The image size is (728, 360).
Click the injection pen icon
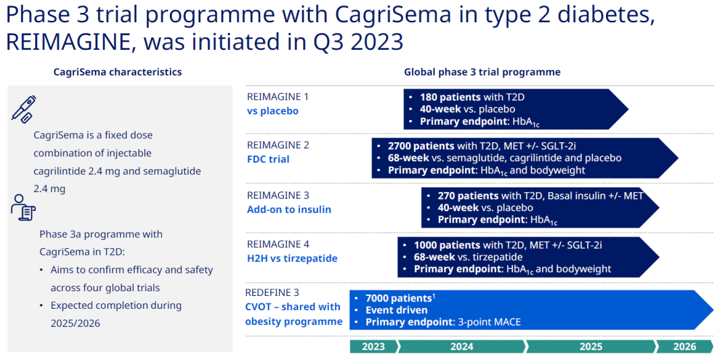coord(24,109)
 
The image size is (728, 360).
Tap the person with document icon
coord(23,207)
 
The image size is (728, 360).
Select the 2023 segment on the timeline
coord(373,347)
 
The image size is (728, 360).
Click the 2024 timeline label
coord(462,347)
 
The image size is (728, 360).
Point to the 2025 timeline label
coord(590,347)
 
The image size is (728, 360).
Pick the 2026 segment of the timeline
coord(684,347)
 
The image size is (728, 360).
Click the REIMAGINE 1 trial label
coord(278,97)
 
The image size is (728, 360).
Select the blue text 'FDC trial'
coord(268,159)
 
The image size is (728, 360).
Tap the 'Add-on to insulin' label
coord(289,210)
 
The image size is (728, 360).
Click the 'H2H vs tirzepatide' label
coord(292,258)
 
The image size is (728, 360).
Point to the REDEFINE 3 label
coord(273,293)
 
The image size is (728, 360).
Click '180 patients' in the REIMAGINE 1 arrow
coord(450,98)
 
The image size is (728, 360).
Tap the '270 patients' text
coord(468,196)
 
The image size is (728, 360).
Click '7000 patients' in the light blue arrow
coord(399,298)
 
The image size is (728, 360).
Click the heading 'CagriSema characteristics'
coord(117,72)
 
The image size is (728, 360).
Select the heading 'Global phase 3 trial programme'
coord(482,72)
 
